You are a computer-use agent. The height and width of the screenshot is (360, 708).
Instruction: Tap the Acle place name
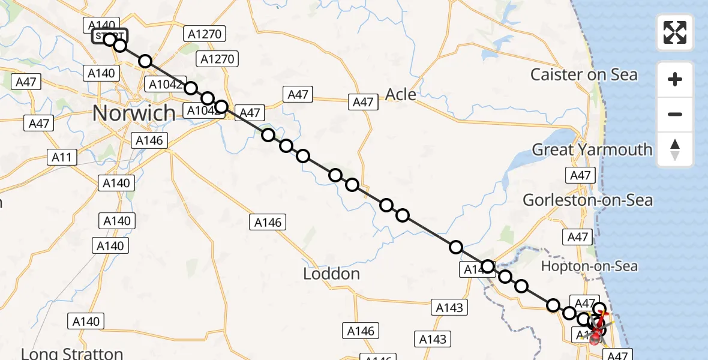click(x=401, y=94)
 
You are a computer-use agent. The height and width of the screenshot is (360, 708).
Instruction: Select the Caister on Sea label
click(x=584, y=75)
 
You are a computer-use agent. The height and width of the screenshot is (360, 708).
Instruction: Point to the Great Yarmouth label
click(x=592, y=149)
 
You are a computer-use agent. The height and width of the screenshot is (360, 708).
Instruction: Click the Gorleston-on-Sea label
click(x=587, y=200)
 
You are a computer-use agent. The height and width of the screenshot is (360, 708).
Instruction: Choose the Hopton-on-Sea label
click(x=589, y=266)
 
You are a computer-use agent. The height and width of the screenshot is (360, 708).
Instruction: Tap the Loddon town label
click(x=331, y=274)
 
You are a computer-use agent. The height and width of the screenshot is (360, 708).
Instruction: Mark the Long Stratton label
click(x=72, y=353)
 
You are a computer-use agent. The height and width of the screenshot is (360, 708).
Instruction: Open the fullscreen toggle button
click(x=675, y=32)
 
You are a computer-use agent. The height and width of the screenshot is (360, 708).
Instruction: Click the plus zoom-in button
click(x=675, y=79)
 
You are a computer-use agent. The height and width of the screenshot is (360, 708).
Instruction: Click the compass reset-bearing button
click(x=675, y=149)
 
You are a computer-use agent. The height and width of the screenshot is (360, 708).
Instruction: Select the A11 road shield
click(x=62, y=158)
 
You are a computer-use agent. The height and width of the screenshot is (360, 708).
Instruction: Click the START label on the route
click(x=110, y=37)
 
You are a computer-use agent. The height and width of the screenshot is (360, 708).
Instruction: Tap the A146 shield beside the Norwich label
click(x=149, y=141)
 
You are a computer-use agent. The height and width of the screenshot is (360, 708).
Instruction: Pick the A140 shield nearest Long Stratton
click(x=86, y=322)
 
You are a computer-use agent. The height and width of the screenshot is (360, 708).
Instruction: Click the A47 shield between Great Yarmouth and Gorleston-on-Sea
click(x=580, y=175)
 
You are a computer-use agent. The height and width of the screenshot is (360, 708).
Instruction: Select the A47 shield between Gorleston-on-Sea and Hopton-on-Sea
click(x=578, y=238)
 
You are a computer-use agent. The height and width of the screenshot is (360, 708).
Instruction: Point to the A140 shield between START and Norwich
click(x=101, y=73)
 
